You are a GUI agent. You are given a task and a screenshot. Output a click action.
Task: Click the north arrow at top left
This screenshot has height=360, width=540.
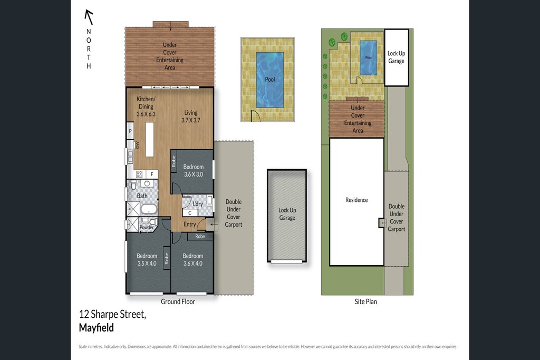(89, 17)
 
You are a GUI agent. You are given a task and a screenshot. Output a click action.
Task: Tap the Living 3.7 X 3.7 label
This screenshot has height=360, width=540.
(191, 116)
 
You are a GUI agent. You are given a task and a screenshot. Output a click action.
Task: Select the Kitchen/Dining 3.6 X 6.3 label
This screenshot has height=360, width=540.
(146, 106)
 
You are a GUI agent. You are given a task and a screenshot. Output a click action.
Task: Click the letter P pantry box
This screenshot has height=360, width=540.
(130, 131)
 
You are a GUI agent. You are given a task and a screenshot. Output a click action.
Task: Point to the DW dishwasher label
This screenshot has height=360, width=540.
(137, 145)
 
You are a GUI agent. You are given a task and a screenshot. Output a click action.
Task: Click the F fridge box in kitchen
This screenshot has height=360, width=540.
(152, 174)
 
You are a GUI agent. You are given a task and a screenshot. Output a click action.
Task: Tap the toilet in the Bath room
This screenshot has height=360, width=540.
(133, 186)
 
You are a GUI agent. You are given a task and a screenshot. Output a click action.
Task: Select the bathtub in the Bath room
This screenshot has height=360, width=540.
(149, 209)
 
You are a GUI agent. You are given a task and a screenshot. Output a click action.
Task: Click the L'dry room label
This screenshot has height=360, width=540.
(198, 204)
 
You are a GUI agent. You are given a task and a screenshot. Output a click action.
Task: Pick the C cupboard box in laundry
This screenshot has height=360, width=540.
(190, 213)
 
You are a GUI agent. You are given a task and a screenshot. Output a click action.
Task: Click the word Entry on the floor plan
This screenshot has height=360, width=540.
(190, 224)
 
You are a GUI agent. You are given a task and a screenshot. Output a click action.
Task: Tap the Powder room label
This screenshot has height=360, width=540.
(147, 228)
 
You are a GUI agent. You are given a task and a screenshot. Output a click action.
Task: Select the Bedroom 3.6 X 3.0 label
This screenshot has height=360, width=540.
(193, 170)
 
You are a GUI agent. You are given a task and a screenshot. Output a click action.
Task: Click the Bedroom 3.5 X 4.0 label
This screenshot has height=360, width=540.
(147, 259)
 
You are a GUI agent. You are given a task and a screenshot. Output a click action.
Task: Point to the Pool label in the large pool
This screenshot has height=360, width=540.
(270, 80)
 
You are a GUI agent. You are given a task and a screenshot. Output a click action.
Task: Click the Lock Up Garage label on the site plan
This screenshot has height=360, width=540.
(397, 57)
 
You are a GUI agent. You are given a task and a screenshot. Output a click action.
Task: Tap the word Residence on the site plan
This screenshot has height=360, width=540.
(356, 200)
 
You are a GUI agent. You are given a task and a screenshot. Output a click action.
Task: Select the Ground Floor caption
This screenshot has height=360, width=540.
(178, 301)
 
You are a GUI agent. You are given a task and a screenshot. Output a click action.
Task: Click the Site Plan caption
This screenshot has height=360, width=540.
(366, 301)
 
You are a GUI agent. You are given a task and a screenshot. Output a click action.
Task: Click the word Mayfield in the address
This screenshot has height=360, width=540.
(97, 328)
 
